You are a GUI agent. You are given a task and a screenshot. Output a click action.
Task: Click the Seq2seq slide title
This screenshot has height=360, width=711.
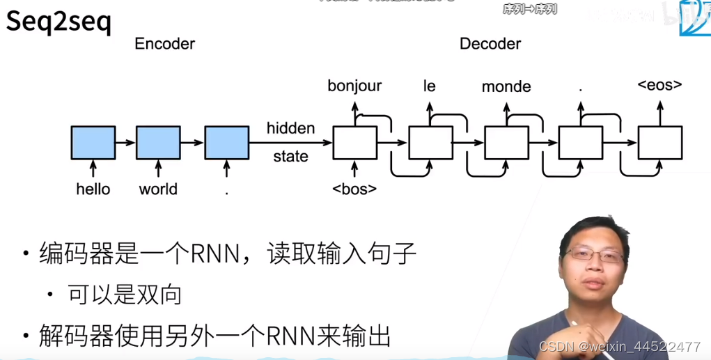click(58, 23)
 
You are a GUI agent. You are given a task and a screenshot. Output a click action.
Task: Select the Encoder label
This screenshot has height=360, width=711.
click(164, 44)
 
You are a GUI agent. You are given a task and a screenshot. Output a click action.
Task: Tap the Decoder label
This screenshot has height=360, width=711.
click(490, 44)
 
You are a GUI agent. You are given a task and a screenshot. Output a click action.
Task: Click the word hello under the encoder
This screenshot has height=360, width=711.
click(93, 189)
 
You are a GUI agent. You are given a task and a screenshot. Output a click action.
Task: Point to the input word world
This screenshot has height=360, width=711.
click(158, 189)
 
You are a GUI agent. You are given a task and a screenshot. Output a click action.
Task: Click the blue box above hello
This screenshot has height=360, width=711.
click(93, 143)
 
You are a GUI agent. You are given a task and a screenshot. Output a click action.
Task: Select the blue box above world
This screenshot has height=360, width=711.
click(158, 143)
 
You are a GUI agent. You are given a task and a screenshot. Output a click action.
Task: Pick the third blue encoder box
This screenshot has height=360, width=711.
click(227, 143)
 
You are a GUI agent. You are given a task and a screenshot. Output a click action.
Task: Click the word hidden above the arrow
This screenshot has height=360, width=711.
click(290, 129)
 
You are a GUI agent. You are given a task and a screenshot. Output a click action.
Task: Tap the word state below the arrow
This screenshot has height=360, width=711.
click(290, 157)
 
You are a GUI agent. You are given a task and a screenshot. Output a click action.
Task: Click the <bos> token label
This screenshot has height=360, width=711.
click(354, 189)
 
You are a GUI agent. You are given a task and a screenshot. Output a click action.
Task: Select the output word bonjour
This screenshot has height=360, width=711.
click(354, 86)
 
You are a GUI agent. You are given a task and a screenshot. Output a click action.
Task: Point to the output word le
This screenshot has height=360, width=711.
click(429, 86)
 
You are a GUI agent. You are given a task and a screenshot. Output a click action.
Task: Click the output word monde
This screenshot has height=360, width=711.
click(506, 87)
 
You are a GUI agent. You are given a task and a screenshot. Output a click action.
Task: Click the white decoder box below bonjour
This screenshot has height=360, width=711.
click(354, 143)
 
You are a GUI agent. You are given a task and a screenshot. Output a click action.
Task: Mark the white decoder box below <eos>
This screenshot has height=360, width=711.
click(659, 143)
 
